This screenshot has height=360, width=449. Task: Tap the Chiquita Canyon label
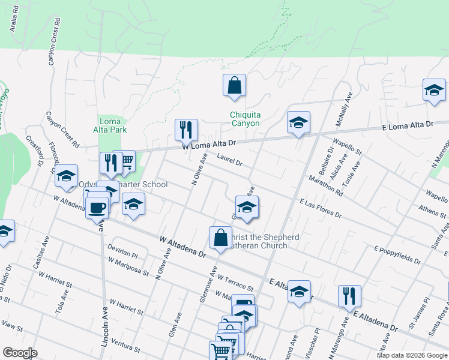(245, 119)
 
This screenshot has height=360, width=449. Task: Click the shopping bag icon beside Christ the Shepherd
(220, 238)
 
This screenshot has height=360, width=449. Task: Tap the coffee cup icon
(97, 208)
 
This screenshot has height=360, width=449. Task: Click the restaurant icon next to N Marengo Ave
(349, 295)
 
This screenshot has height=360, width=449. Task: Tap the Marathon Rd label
(327, 185)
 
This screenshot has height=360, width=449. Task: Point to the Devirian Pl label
(122, 251)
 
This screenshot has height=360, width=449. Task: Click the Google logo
(19, 353)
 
